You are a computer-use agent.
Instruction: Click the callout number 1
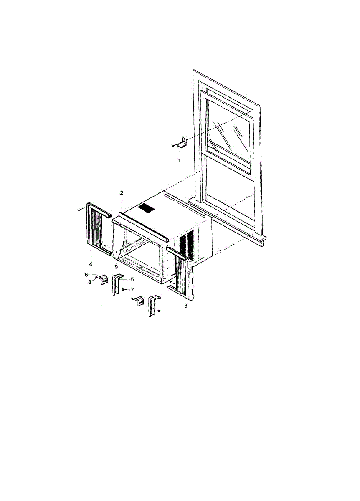coord(179,160)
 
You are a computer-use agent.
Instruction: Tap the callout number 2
coord(122,193)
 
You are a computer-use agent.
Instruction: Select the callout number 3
coord(186,306)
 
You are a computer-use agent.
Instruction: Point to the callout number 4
coord(91,264)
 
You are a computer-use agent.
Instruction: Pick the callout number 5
coord(132,279)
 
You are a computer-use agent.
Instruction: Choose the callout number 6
coord(86,275)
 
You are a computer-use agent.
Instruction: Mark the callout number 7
coord(132,290)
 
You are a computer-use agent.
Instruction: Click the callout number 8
coord(89,282)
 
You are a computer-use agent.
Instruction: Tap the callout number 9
coord(116,267)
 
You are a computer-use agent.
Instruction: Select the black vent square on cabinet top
coord(146,208)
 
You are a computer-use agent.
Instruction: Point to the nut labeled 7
coord(123,290)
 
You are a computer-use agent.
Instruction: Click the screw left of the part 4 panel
coord(81,210)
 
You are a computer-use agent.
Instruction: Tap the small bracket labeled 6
coord(103,279)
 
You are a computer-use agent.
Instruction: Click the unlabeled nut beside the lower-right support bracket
coord(159,311)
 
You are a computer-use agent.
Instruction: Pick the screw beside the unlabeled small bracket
coord(133,299)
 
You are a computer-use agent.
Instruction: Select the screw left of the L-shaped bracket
coord(174,146)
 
